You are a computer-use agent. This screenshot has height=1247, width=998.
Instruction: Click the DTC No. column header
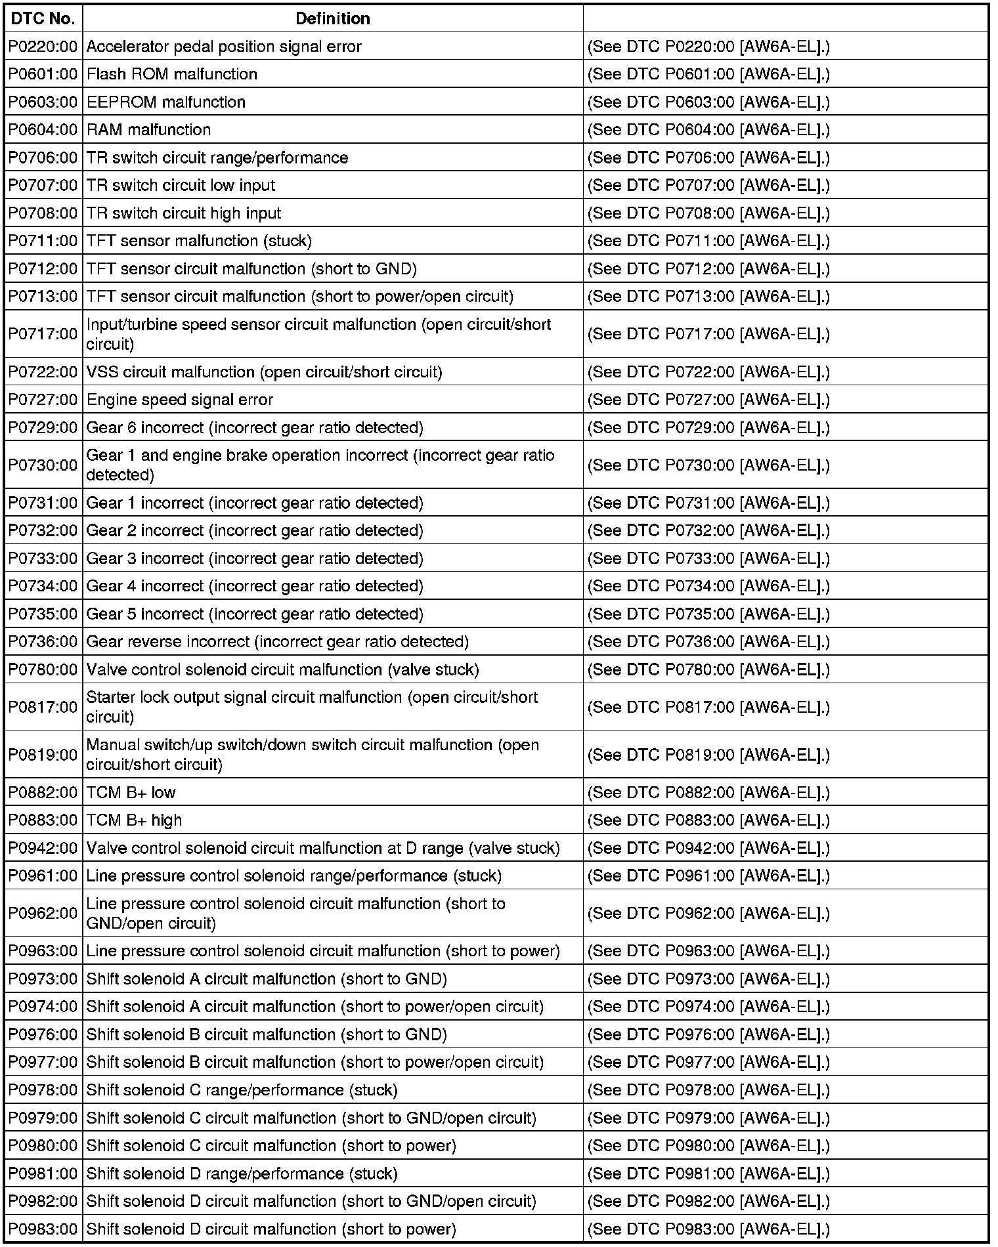(x=43, y=18)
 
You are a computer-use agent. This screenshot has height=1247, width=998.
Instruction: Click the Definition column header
(x=332, y=18)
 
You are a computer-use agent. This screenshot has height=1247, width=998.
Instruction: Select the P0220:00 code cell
(x=43, y=47)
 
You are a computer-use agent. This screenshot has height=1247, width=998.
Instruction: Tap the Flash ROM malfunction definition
(x=172, y=74)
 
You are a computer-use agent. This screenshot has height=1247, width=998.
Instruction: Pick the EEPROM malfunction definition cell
(x=166, y=102)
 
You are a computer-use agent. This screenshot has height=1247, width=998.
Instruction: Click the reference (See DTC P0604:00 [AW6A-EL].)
(x=708, y=130)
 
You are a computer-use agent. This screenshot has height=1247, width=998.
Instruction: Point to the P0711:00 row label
(x=43, y=241)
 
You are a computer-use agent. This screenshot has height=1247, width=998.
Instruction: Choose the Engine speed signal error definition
(x=180, y=400)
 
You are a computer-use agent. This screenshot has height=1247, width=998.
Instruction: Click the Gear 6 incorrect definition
(x=255, y=428)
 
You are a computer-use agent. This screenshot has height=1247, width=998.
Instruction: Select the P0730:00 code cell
(x=43, y=465)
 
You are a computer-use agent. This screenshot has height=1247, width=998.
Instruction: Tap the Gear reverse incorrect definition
(x=278, y=642)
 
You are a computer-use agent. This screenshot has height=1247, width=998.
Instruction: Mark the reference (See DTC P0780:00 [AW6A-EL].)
(x=708, y=669)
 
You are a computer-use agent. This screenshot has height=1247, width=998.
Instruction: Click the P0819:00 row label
(x=43, y=755)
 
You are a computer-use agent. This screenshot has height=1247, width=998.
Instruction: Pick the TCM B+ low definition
(x=131, y=792)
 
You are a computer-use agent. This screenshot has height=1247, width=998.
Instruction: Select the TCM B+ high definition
(x=135, y=820)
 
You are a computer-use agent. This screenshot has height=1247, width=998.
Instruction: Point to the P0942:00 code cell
(x=43, y=848)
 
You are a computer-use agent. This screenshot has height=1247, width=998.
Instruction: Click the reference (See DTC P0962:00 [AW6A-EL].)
(x=708, y=914)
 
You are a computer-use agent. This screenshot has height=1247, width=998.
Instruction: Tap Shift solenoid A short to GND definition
(x=267, y=979)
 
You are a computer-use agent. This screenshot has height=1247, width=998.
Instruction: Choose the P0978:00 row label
(x=43, y=1090)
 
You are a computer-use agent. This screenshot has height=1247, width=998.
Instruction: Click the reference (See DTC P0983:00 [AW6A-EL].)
(x=708, y=1229)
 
